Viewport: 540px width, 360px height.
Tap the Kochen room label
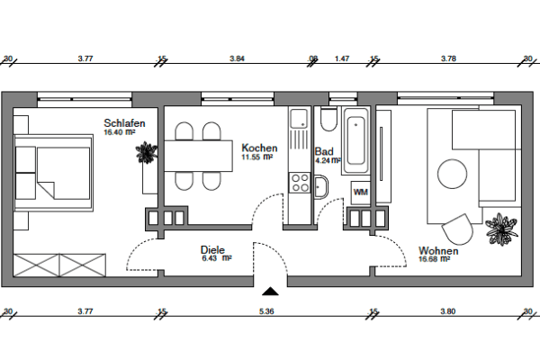[259, 148]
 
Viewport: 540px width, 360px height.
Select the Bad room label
[325, 153]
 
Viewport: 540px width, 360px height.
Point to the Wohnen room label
[438, 251]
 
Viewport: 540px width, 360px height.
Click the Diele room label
[213, 249]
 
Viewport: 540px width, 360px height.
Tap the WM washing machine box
[360, 193]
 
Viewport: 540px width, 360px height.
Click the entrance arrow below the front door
[268, 290]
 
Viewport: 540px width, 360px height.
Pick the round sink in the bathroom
[321, 186]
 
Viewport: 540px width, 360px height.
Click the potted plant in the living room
[500, 229]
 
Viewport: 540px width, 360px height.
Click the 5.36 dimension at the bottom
[266, 310]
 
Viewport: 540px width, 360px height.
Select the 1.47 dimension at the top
[342, 58]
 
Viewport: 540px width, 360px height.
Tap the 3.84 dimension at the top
[237, 58]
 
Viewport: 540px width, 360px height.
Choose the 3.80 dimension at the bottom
[447, 310]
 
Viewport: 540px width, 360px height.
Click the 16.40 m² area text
[119, 132]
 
